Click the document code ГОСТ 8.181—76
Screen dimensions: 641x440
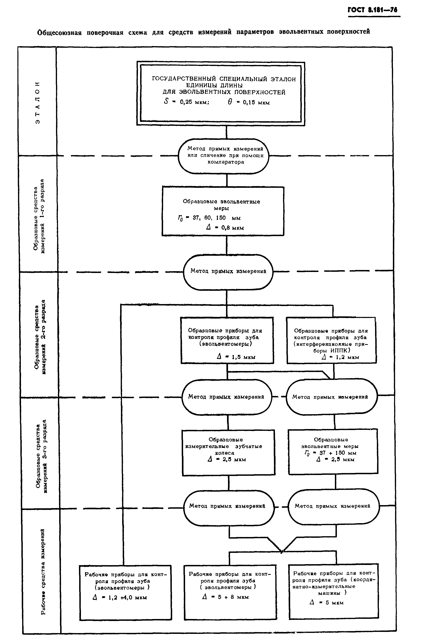[373, 10]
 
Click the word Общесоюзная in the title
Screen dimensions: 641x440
[59, 33]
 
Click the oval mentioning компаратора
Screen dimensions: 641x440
[223, 156]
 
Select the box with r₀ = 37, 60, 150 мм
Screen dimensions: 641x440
[223, 211]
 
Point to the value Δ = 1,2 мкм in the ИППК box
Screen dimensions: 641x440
[340, 357]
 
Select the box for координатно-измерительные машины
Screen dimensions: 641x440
[333, 590]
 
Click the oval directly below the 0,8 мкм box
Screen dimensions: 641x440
[228, 272]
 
